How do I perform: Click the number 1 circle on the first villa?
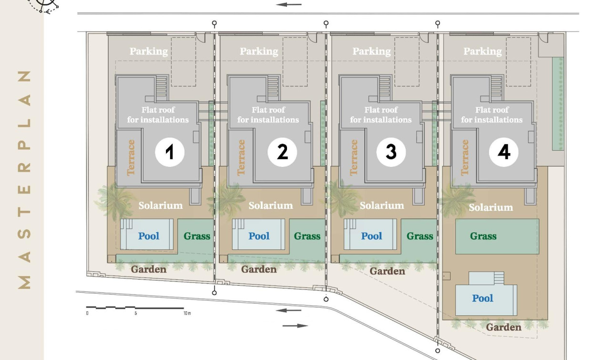[170, 152]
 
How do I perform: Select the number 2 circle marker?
[282, 152]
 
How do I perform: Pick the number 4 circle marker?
[504, 152]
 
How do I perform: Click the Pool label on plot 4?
[482, 298]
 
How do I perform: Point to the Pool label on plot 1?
[149, 236]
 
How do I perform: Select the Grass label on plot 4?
[483, 236]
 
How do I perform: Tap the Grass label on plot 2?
[307, 236]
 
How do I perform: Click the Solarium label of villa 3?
[381, 206]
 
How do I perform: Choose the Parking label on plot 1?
[149, 51]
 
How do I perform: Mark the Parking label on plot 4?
[482, 51]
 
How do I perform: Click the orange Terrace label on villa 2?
[241, 157]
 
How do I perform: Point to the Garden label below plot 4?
[503, 327]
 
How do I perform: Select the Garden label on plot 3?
[387, 271]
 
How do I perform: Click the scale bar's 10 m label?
[187, 314]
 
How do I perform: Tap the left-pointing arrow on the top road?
[289, 5]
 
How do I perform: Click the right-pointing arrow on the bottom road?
[296, 326]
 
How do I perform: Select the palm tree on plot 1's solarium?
[114, 200]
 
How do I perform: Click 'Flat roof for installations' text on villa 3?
[380, 115]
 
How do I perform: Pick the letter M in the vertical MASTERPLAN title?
[25, 282]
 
